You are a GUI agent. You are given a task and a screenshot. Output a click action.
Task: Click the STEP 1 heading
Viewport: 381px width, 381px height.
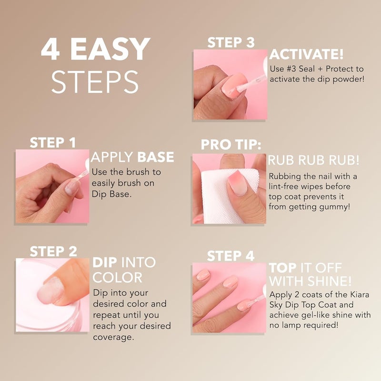pyautogui.click(x=52, y=142)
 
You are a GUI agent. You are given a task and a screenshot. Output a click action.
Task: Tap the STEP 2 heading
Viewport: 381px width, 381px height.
pyautogui.click(x=52, y=251)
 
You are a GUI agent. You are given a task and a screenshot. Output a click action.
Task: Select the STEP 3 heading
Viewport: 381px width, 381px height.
pyautogui.click(x=231, y=43)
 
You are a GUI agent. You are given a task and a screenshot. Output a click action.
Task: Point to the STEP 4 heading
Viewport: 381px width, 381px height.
pyautogui.click(x=231, y=256)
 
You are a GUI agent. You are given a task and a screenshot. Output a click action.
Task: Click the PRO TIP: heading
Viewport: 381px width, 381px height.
pyautogui.click(x=231, y=145)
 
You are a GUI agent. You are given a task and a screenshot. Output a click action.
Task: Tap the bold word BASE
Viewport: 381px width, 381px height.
pyautogui.click(x=156, y=158)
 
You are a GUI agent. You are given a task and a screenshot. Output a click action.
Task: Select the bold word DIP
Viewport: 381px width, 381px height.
pyautogui.click(x=105, y=262)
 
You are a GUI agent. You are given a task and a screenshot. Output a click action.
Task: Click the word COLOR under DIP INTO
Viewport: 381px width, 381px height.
pyautogui.click(x=118, y=278)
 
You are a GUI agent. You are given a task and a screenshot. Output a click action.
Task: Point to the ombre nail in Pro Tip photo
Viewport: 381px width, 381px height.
pyautogui.click(x=237, y=183)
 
